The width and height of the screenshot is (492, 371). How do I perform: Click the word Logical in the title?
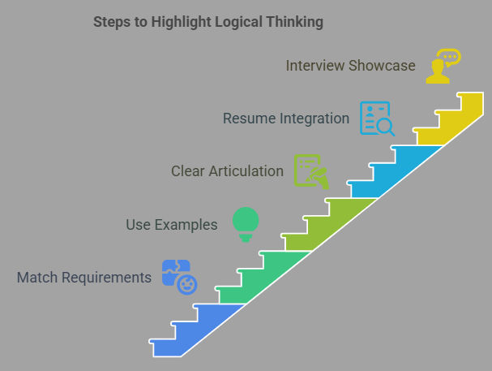239,22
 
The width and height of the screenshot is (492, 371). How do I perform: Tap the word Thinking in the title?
295,22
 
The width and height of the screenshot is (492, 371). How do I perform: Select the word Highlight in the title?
182,22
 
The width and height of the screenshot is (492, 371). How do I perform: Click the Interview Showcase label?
350,66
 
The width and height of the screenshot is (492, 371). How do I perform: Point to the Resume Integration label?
286,119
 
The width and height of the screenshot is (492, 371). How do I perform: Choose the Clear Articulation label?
227,171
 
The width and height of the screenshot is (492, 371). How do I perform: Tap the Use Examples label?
172,225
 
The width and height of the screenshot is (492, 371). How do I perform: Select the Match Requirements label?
84,278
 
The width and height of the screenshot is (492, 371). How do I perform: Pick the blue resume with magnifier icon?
377,119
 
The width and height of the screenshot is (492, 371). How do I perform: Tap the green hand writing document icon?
311,171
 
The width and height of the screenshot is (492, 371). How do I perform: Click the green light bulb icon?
246,224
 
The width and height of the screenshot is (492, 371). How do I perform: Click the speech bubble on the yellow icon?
449,57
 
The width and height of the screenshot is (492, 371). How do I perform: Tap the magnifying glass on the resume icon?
386,127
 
